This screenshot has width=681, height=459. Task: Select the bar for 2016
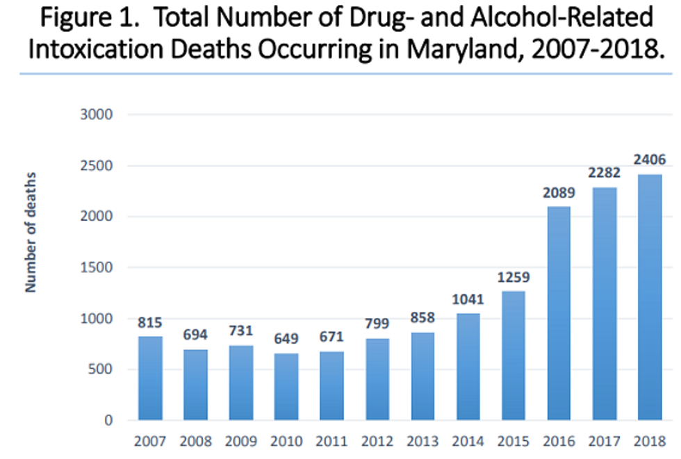pos(559,313)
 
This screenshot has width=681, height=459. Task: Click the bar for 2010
pos(286,386)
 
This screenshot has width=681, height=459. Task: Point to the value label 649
pos(286,339)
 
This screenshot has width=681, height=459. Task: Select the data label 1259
pos(514,277)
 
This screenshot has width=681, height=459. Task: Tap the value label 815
pos(150,322)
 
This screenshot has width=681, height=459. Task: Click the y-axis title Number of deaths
pos(31,232)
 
